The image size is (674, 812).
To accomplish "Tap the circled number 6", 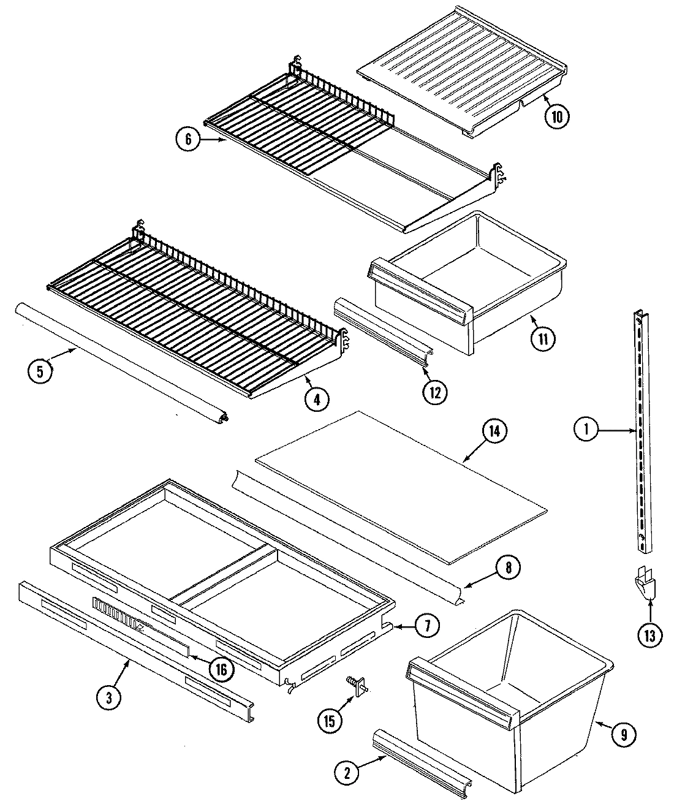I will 188,140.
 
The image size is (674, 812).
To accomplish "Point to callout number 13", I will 649,636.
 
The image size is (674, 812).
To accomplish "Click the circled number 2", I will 347,772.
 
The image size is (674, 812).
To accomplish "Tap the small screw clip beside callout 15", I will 356,685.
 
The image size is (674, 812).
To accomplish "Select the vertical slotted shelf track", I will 639,429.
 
